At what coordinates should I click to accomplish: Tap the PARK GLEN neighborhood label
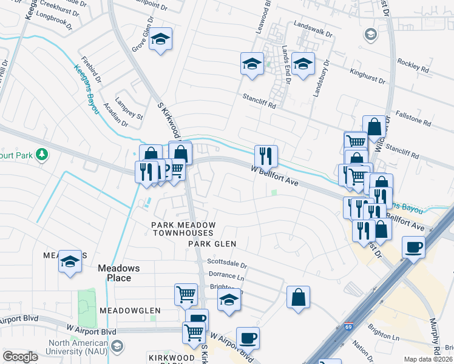pos(211,244)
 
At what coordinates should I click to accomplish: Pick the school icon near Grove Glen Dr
pos(161,40)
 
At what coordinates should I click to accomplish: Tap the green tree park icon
pos(42,155)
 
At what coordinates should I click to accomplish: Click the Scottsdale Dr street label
pos(228,265)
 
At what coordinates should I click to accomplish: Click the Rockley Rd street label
pos(413,66)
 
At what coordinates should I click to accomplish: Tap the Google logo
pos(20,357)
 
